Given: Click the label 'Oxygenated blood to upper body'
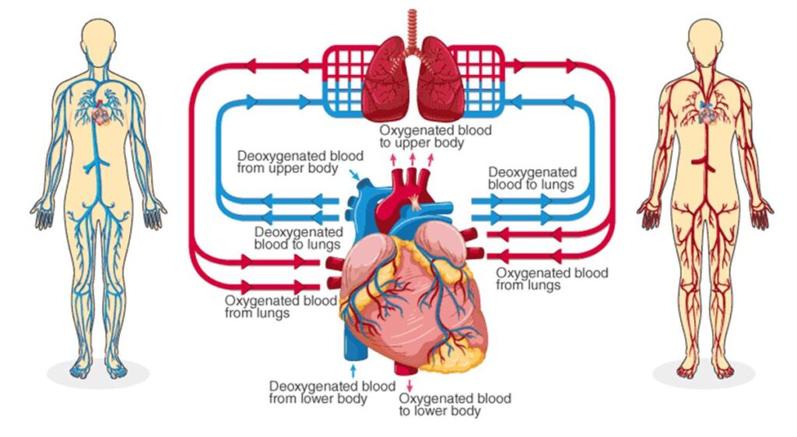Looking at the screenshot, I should (x=435, y=136).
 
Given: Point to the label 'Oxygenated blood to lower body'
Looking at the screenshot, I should (x=455, y=404).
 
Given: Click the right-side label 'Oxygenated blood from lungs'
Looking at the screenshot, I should (x=552, y=279).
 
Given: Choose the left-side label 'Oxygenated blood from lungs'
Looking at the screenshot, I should (x=280, y=306).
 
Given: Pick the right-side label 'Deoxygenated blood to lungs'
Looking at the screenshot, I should (x=532, y=178).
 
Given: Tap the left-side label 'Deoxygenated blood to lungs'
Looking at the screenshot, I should (x=298, y=238).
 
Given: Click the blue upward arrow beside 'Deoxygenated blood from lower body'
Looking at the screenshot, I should (x=355, y=368).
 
